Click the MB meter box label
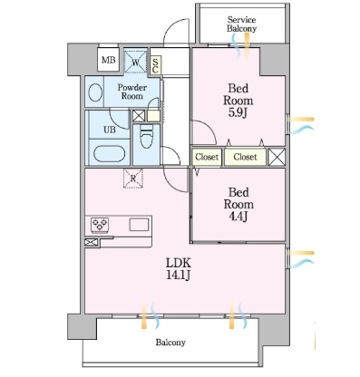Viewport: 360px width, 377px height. click(109, 60)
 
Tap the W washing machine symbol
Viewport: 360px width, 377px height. click(135, 62)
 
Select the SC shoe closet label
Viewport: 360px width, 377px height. click(155, 65)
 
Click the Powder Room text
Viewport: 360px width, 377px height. click(132, 92)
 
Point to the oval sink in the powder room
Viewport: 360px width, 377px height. click(95, 92)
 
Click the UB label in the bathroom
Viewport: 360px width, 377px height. click(110, 130)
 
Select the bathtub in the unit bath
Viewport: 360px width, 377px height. click(109, 154)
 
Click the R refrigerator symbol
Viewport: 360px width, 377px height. click(133, 179)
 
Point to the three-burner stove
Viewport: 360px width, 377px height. click(100, 225)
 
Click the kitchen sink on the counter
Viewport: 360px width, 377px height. click(139, 225)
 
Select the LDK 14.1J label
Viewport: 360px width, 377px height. click(179, 269)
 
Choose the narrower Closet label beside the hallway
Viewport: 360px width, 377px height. click(207, 157)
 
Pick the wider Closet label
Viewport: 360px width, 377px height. click(245, 157)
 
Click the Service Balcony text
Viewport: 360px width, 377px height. click(241, 24)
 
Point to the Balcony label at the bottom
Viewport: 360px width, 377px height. click(170, 343)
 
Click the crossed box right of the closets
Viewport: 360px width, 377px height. click(277, 157)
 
